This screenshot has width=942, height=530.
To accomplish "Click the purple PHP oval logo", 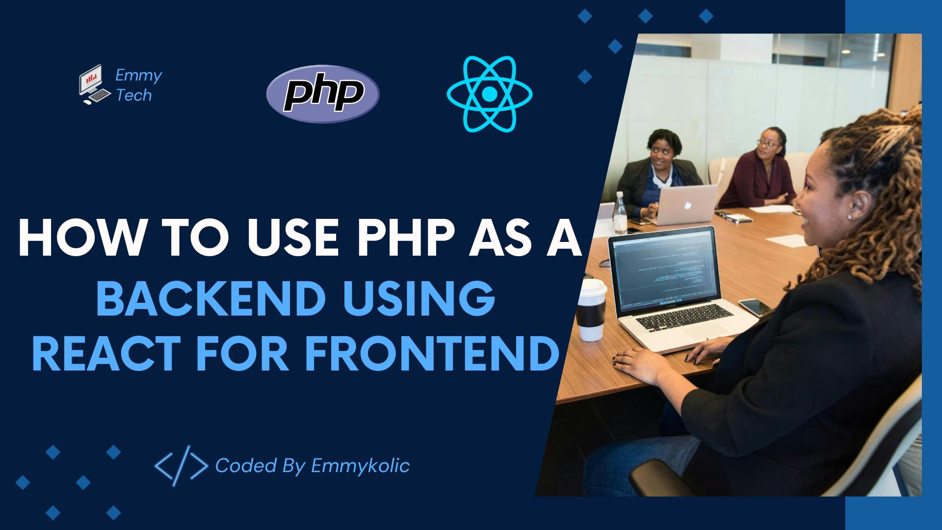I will pyautogui.click(x=323, y=94).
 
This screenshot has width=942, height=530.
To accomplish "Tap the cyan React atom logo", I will pyautogui.click(x=489, y=93).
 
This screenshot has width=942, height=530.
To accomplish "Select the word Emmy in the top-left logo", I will pyautogui.click(x=138, y=76).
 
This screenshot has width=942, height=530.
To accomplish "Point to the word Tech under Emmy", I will pyautogui.click(x=133, y=95).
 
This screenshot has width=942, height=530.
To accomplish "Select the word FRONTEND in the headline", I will pyautogui.click(x=432, y=353).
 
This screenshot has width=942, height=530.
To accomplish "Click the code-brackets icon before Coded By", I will pyautogui.click(x=181, y=466).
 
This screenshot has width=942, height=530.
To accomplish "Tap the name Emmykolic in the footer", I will pyautogui.click(x=360, y=466).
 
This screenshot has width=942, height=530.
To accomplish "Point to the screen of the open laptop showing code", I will pyautogui.click(x=662, y=270).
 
